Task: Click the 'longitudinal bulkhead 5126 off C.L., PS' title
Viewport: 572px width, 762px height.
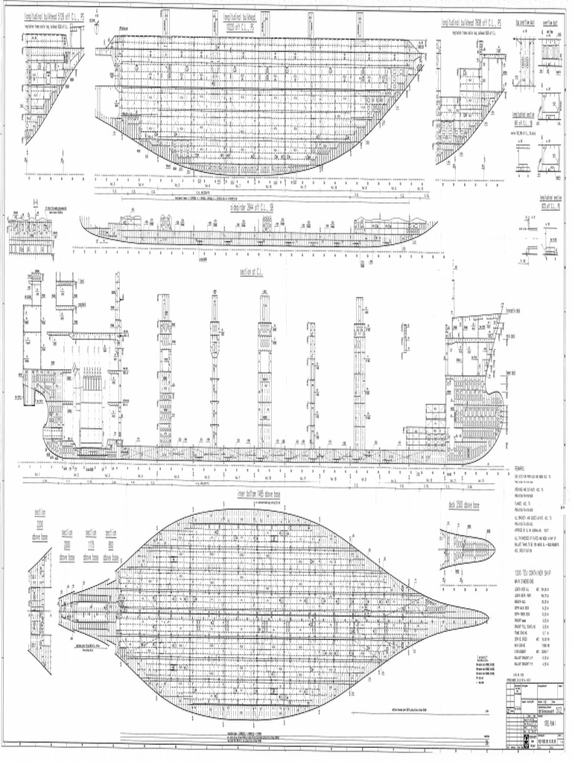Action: [54, 16]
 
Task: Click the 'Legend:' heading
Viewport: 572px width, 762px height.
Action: [483, 657]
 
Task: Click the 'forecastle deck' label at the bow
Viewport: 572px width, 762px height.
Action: [510, 311]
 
